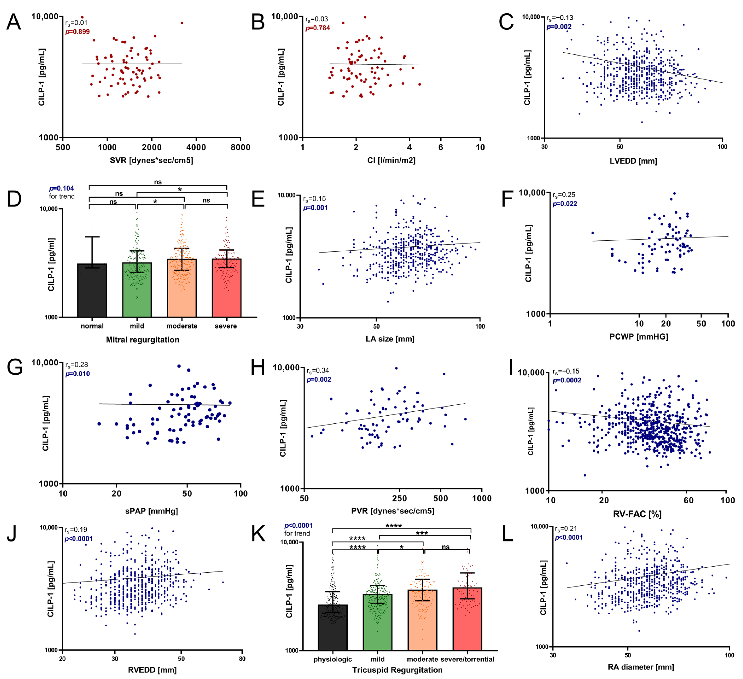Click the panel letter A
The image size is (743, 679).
point(14,22)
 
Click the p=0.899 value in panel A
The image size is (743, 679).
point(77,32)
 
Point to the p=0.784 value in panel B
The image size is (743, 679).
point(318,28)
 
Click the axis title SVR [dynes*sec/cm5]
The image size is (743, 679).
point(151,160)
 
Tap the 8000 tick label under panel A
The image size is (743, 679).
point(240,147)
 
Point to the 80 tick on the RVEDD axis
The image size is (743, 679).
point(242,659)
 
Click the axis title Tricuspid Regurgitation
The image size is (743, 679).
point(397,670)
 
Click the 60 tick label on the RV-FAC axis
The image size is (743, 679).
point(688,500)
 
